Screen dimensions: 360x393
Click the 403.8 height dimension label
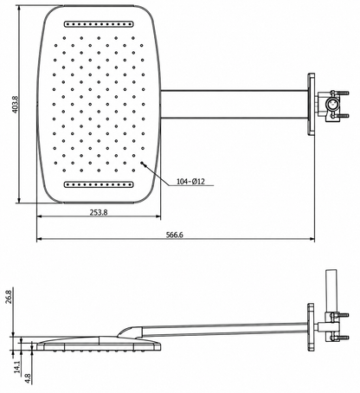pyautogui.click(x=16, y=105)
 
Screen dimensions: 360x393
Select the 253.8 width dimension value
pyautogui.click(x=99, y=212)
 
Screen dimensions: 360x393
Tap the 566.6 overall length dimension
pyautogui.click(x=175, y=235)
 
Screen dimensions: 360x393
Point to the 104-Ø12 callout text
pyautogui.click(x=190, y=182)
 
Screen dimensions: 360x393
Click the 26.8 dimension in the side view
pyautogui.click(x=9, y=297)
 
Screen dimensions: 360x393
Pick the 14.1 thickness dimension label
pyautogui.click(x=17, y=367)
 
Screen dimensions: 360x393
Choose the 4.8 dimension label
pyautogui.click(x=28, y=378)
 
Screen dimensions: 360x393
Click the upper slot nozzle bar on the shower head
pyautogui.click(x=99, y=24)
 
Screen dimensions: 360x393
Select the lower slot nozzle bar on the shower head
pyautogui.click(x=99, y=184)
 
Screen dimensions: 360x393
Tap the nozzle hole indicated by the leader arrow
pyautogui.click(x=142, y=163)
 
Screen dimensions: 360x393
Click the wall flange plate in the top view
pyautogui.click(x=311, y=105)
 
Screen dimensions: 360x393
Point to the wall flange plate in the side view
pyautogui.click(x=311, y=326)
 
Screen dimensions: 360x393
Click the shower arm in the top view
pyautogui.click(x=234, y=105)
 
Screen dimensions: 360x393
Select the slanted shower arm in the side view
pyautogui.click(x=225, y=330)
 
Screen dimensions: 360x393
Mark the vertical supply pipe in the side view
pyautogui.click(x=331, y=291)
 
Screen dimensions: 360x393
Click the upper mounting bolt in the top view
pyautogui.click(x=344, y=93)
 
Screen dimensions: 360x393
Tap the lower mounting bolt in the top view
pyautogui.click(x=344, y=116)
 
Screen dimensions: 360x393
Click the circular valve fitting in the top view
pyautogui.click(x=332, y=104)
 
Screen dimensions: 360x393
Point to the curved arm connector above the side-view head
pyautogui.click(x=130, y=332)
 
